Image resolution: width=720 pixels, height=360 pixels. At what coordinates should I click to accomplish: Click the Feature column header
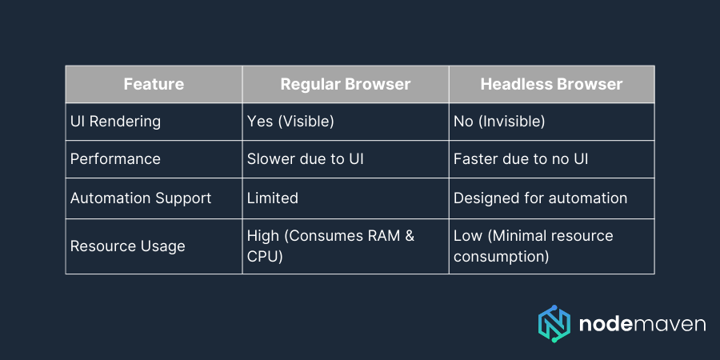click(154, 84)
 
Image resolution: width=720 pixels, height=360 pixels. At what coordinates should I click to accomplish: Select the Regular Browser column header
click(345, 84)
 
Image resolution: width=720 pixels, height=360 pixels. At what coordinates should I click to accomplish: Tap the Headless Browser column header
click(551, 84)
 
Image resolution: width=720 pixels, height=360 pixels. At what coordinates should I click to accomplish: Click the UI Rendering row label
click(115, 122)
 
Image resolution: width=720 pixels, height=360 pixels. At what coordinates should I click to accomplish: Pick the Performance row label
click(115, 159)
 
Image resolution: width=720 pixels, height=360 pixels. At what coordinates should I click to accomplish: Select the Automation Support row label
click(141, 198)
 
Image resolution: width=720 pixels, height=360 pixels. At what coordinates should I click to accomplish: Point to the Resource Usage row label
click(127, 246)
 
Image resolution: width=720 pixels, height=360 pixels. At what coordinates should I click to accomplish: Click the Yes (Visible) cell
click(290, 122)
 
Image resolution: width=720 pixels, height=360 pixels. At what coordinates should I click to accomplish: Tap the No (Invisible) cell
click(499, 122)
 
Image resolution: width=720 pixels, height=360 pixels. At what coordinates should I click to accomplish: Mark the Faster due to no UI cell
click(521, 159)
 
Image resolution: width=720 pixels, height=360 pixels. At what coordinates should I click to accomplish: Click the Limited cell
click(273, 198)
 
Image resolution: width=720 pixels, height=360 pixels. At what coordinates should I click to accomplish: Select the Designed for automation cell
click(540, 198)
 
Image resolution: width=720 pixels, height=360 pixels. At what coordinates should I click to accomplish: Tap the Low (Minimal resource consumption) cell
click(533, 246)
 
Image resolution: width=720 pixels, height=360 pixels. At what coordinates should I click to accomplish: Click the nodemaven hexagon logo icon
click(554, 323)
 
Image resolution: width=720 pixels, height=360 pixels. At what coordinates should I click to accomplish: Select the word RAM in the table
click(390, 236)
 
